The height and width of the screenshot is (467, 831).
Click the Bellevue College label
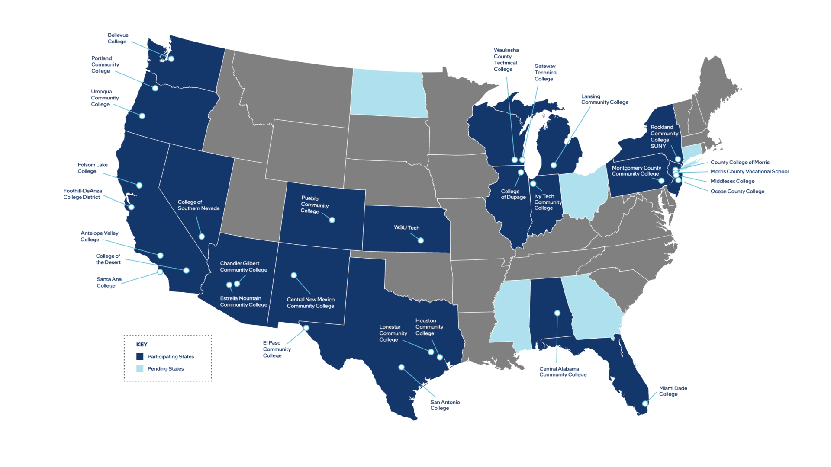(118, 38)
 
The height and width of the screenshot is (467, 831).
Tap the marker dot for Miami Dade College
(645, 403)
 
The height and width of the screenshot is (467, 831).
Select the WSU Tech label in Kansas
(406, 227)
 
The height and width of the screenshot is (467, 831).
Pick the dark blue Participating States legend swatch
(140, 357)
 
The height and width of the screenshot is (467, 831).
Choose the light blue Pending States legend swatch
(140, 369)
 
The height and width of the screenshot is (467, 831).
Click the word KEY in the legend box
(142, 345)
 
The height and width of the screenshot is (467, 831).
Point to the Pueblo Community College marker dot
(332, 220)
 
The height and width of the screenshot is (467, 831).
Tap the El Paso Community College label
(277, 349)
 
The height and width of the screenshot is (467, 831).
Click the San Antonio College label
(444, 405)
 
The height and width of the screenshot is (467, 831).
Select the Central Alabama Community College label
(563, 372)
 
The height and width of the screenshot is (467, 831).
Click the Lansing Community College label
(604, 99)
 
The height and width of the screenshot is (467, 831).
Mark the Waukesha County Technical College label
(506, 60)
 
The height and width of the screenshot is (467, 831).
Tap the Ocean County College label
(737, 191)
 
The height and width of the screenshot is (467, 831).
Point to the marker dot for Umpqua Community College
(142, 116)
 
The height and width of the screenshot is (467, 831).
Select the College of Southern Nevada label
(198, 205)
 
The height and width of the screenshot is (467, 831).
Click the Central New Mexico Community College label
(310, 303)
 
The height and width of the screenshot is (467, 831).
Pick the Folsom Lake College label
(92, 168)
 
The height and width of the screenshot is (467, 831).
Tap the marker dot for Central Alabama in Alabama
(557, 313)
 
